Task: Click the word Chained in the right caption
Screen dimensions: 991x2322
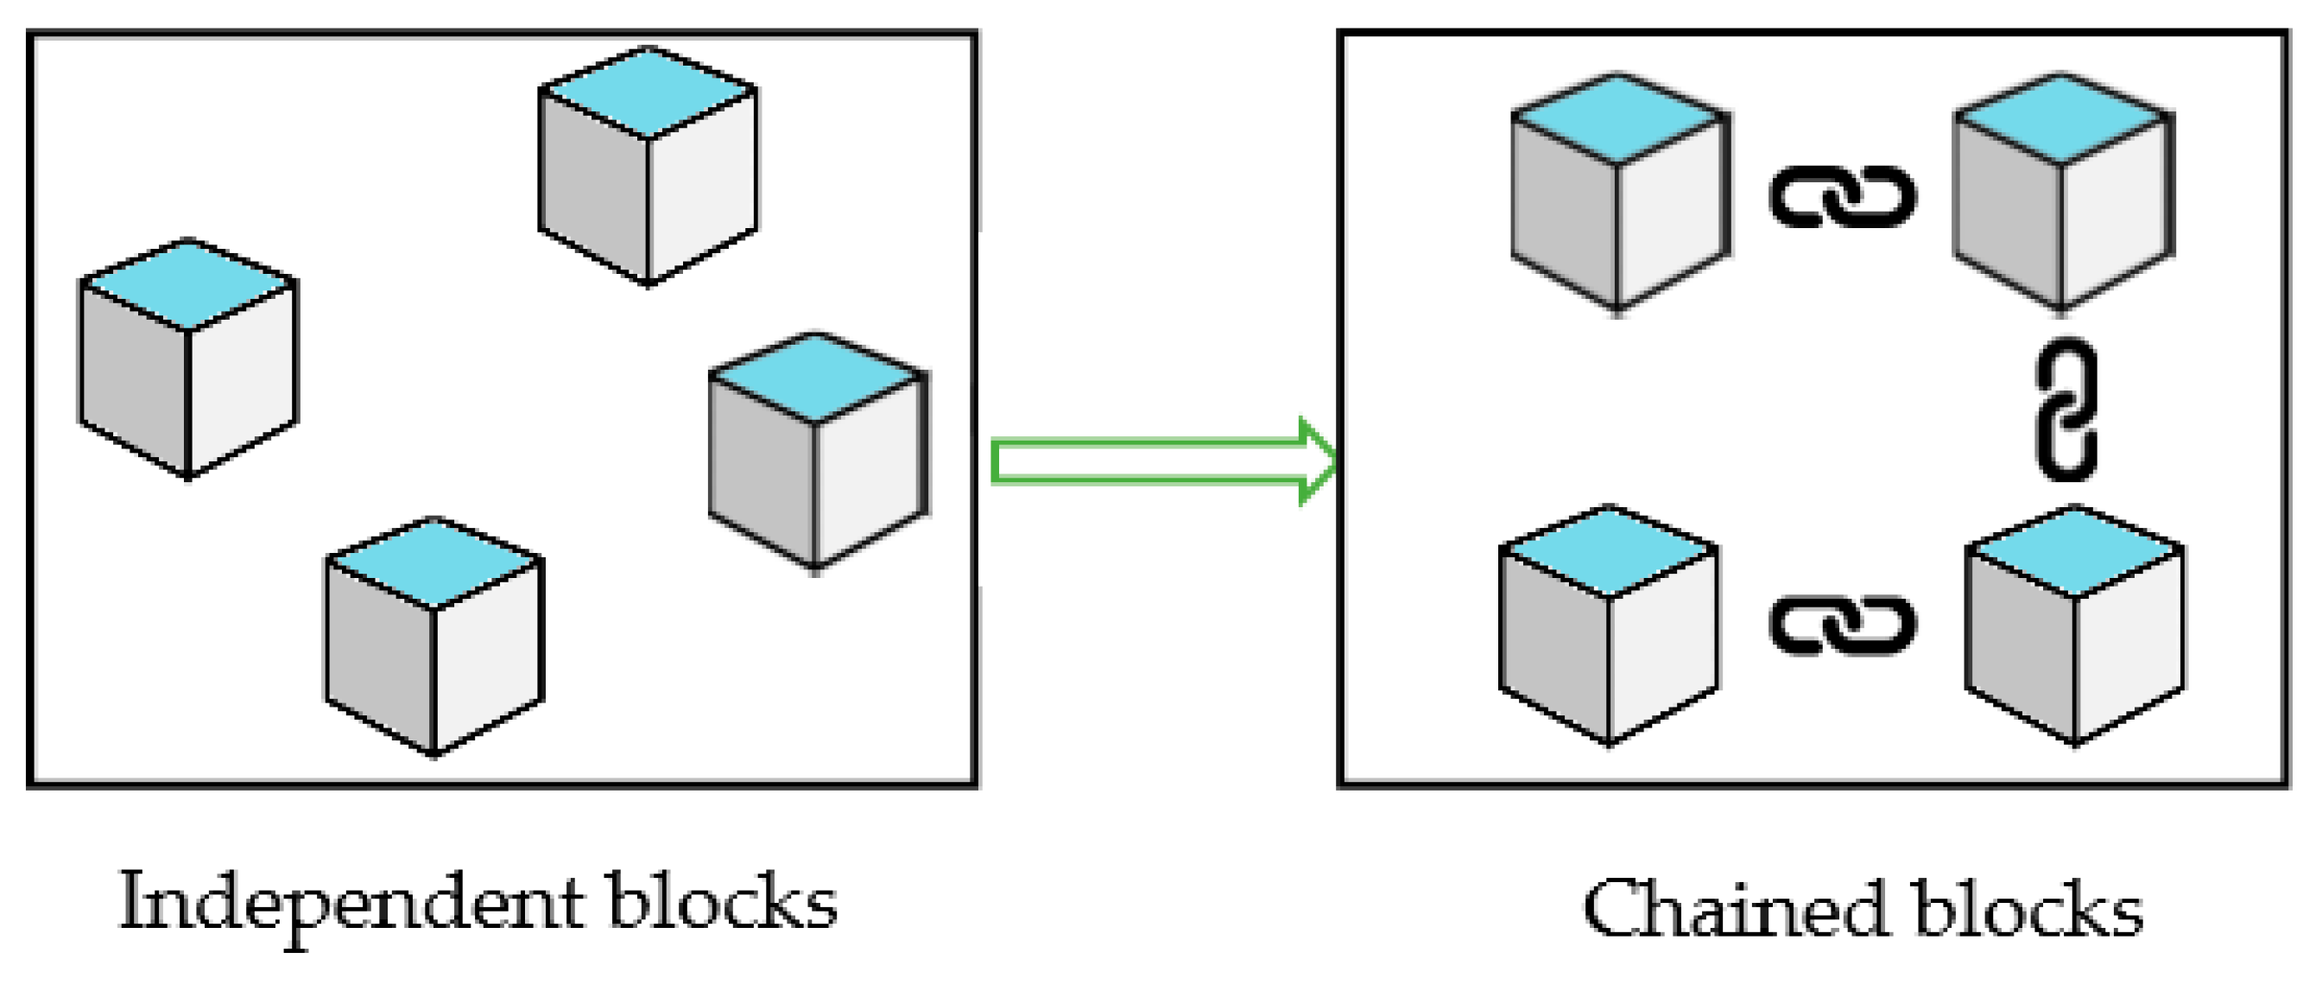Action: [x=1735, y=909]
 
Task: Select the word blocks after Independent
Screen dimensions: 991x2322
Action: [x=722, y=902]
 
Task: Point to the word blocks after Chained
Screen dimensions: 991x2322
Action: [x=2028, y=909]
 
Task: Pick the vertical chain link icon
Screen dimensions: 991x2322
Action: [x=2066, y=410]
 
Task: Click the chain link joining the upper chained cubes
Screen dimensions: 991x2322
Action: [x=1843, y=197]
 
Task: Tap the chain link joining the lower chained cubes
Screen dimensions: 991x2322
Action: [x=1843, y=624]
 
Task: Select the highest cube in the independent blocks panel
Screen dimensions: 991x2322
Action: [x=647, y=167]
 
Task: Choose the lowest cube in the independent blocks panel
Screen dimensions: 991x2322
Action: [x=433, y=637]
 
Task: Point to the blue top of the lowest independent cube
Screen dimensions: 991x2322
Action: [x=433, y=562]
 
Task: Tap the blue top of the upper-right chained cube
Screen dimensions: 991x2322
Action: [x=2062, y=118]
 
